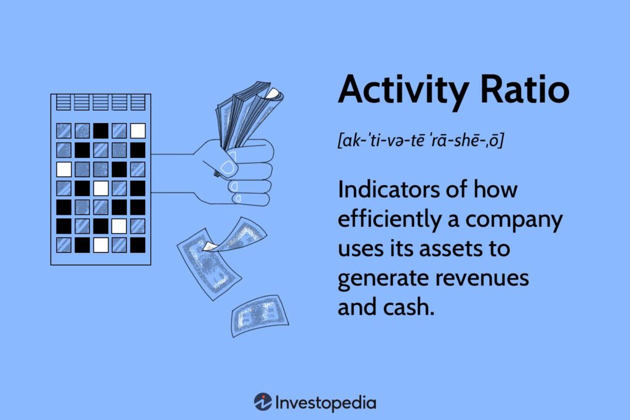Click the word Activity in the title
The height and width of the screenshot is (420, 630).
tap(401, 91)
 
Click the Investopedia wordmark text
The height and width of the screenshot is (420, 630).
tap(327, 403)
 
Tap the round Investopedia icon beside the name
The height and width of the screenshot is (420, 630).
tap(263, 403)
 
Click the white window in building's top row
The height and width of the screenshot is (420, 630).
tap(138, 130)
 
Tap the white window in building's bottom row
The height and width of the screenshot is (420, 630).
tap(101, 245)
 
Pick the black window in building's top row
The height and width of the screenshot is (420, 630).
tap(101, 130)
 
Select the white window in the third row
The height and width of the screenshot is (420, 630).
tap(64, 168)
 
